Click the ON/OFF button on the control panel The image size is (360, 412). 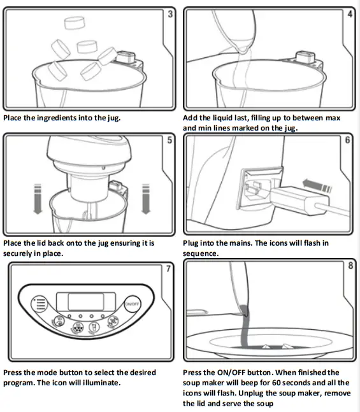[x=132, y=304]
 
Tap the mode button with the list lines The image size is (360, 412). [x=40, y=304]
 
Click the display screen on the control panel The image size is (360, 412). [x=86, y=302]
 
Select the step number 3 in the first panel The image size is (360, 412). [x=170, y=13]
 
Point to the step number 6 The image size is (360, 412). [x=348, y=140]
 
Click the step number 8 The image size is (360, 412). [x=350, y=266]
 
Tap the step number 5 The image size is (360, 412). [x=169, y=140]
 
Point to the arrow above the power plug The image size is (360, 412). [x=317, y=185]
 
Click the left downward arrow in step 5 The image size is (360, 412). [x=38, y=199]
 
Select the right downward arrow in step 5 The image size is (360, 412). [x=146, y=199]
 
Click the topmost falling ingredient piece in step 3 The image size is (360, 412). [x=75, y=23]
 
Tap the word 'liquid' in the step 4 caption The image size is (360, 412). [x=223, y=118]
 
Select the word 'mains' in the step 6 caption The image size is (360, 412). [x=241, y=243]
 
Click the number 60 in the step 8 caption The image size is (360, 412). [x=277, y=383]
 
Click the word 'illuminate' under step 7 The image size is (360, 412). [x=101, y=383]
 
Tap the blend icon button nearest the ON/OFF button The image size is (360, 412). [x=113, y=322]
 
